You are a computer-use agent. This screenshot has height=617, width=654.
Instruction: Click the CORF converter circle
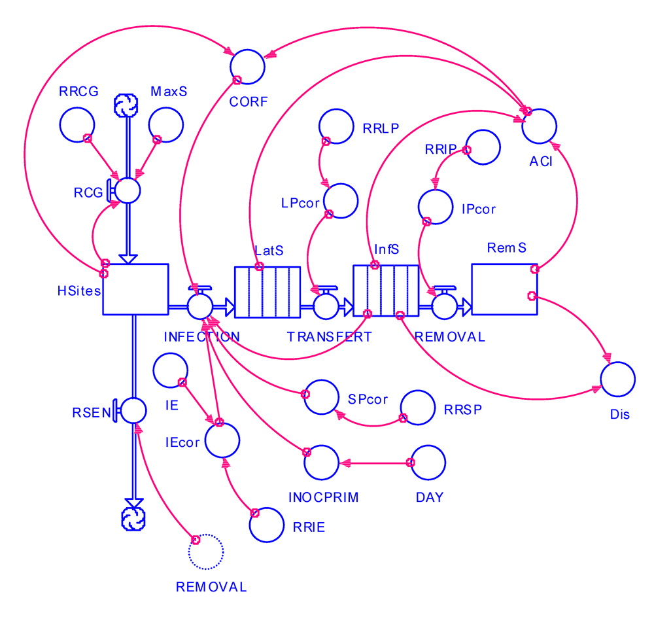(x=247, y=65)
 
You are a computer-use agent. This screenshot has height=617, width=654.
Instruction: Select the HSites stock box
(x=135, y=289)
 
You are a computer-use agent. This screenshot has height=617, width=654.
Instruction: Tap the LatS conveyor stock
(x=267, y=292)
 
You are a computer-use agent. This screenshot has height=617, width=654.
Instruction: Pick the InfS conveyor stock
(x=386, y=292)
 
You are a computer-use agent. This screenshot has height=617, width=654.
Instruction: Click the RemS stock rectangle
(x=504, y=289)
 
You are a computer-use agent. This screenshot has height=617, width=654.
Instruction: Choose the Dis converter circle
(x=618, y=380)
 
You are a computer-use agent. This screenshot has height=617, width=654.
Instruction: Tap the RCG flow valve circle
(x=128, y=190)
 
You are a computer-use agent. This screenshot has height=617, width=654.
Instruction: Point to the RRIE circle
(x=267, y=524)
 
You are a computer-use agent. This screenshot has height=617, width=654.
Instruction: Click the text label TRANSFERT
(x=329, y=337)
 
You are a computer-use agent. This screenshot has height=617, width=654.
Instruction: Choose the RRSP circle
(x=419, y=408)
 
